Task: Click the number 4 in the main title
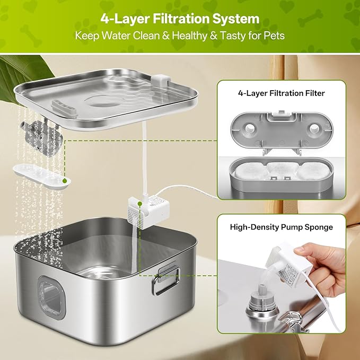(104, 20)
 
